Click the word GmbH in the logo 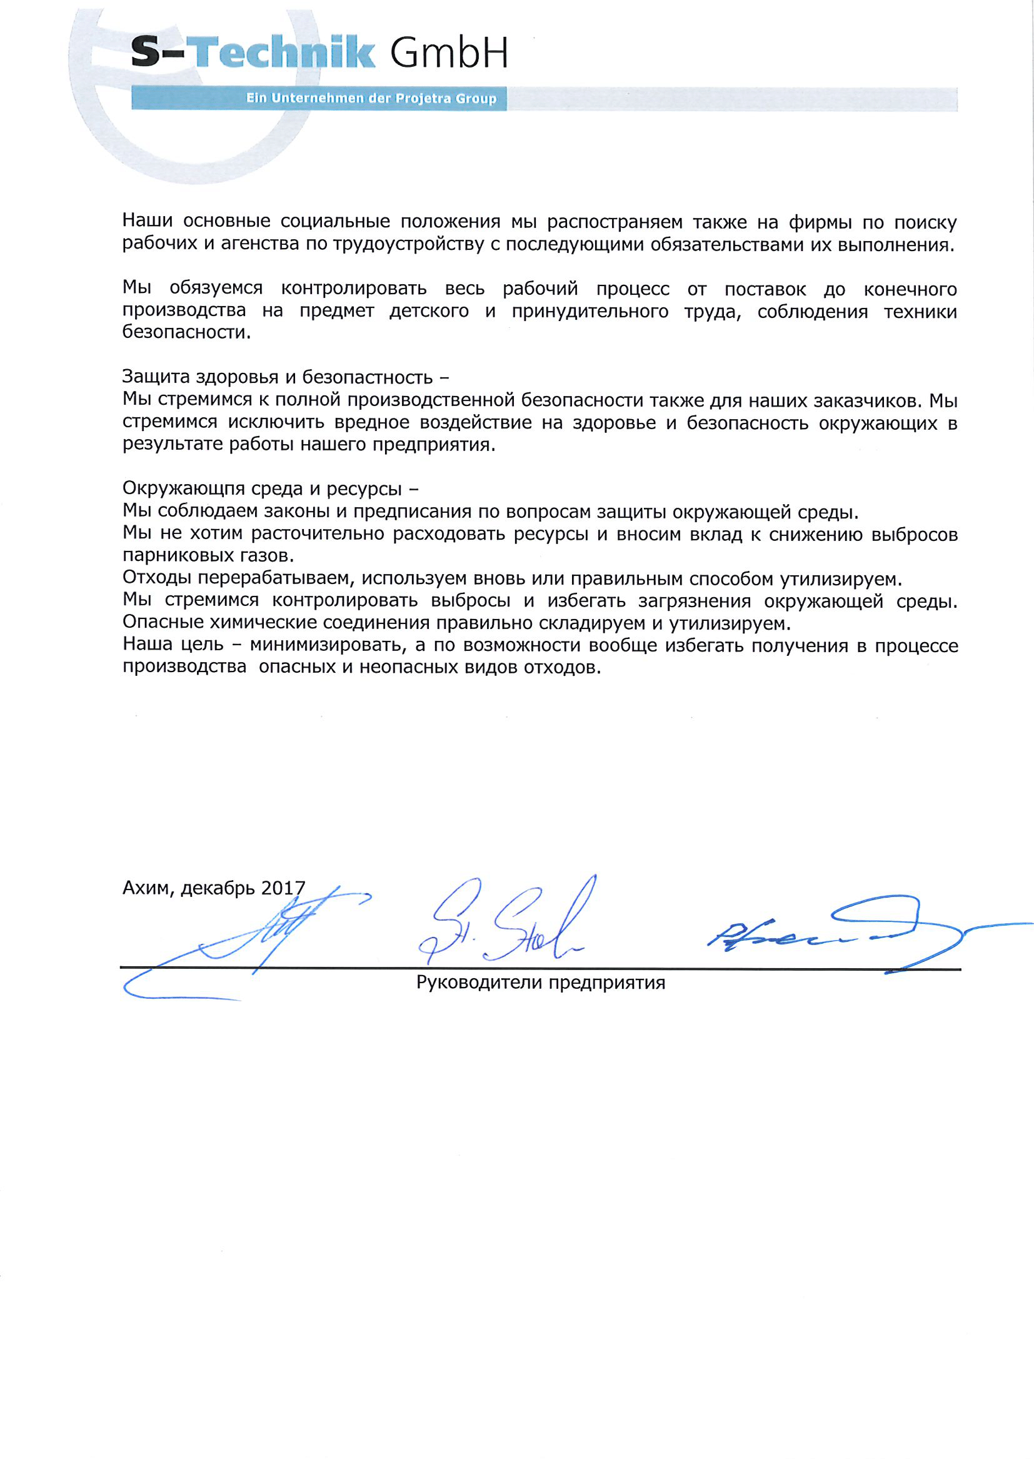click(449, 55)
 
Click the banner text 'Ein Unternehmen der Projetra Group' click(371, 99)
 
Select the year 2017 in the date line click(283, 888)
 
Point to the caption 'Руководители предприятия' click(541, 983)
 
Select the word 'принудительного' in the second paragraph click(590, 312)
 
